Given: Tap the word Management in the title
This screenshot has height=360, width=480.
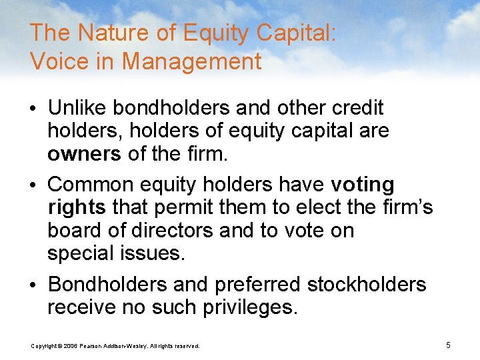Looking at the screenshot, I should [x=191, y=62].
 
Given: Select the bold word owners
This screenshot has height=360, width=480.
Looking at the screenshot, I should [x=84, y=155].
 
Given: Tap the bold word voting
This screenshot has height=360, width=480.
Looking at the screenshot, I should [x=363, y=185].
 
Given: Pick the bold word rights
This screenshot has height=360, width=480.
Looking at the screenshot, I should [x=77, y=208].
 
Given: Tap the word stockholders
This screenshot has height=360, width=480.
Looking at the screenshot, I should [x=366, y=285].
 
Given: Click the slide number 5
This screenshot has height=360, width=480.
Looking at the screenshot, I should [x=449, y=345].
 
